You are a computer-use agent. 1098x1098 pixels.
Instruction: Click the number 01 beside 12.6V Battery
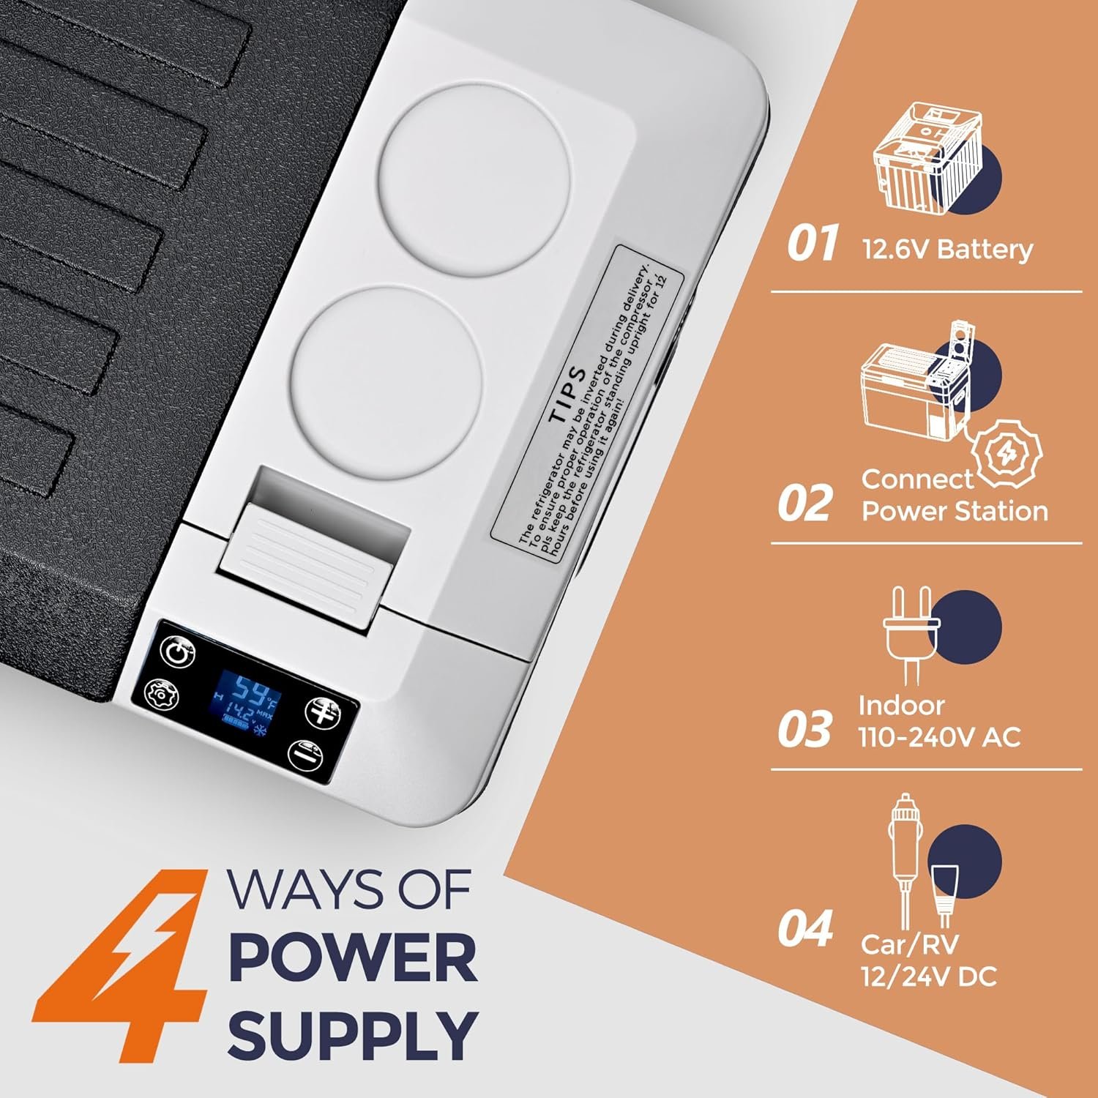coord(811,243)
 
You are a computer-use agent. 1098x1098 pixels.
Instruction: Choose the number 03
coord(804,730)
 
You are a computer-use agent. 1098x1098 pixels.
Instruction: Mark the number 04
coord(805,927)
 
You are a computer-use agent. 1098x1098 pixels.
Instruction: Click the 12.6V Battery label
coord(948,250)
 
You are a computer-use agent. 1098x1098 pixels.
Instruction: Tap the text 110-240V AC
coord(939,737)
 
